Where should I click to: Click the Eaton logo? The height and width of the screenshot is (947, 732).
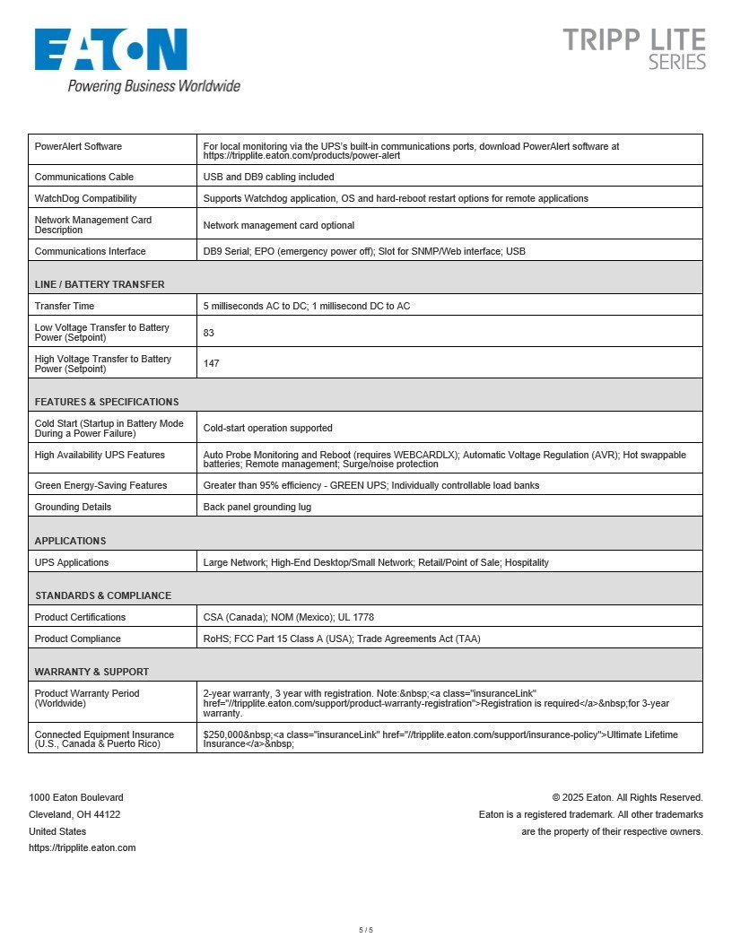[111, 49]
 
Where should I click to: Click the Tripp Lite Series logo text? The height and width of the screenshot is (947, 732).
[633, 49]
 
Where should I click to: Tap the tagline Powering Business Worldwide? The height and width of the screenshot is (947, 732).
[154, 86]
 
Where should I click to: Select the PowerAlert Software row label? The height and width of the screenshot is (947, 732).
[78, 147]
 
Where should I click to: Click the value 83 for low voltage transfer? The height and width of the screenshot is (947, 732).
[209, 333]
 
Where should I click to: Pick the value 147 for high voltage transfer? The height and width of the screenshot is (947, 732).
[211, 363]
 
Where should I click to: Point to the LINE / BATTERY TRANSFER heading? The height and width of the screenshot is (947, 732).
[100, 284]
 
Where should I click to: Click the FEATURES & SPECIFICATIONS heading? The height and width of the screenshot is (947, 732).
[107, 402]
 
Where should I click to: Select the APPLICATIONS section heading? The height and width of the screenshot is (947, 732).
[70, 541]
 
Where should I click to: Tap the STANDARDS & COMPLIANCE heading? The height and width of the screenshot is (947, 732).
[103, 595]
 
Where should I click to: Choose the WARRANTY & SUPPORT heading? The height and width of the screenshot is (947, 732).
[91, 672]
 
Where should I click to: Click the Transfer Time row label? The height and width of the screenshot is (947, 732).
[65, 306]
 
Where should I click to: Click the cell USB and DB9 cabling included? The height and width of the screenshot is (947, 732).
[268, 177]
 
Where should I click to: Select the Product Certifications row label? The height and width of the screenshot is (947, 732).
[80, 617]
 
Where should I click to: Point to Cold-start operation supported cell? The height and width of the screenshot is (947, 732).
[267, 428]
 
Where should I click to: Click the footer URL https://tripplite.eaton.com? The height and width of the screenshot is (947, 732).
[83, 847]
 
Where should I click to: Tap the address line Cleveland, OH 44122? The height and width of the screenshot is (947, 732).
[74, 814]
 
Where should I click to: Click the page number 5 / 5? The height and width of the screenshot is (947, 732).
[366, 930]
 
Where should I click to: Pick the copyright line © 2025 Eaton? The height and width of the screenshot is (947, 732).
[627, 797]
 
